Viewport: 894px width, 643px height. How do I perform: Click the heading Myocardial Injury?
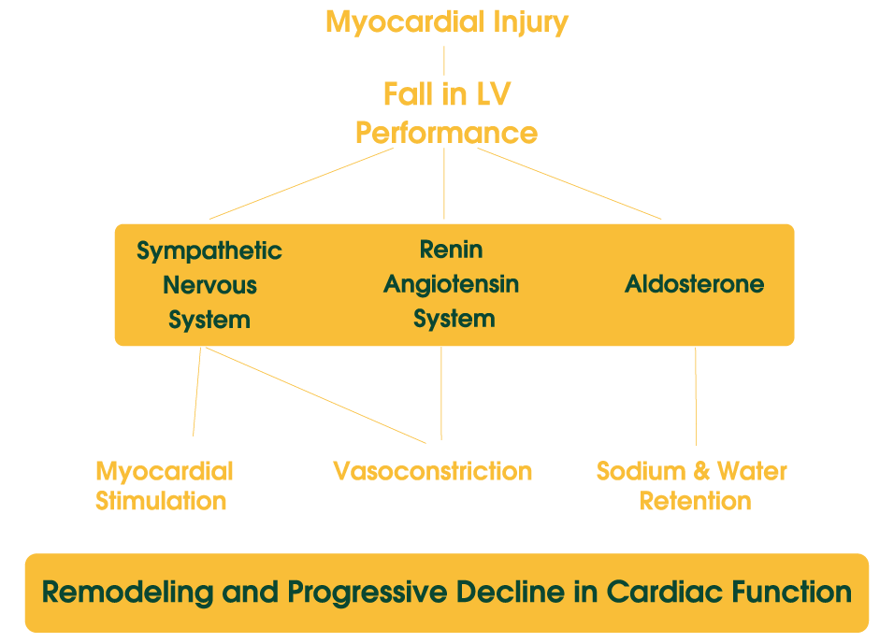pyautogui.click(x=447, y=22)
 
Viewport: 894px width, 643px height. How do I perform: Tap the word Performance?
pyautogui.click(x=446, y=133)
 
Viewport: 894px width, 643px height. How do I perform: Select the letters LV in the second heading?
pyautogui.click(x=493, y=94)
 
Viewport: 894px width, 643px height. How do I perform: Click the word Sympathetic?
pyautogui.click(x=209, y=250)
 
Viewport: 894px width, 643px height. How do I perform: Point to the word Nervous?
pyautogui.click(x=209, y=285)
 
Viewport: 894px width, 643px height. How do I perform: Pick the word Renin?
pyautogui.click(x=451, y=250)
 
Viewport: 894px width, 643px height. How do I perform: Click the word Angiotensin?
pyautogui.click(x=451, y=284)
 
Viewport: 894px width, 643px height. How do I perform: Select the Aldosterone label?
pyautogui.click(x=695, y=284)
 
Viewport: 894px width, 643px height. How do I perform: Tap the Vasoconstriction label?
pyautogui.click(x=432, y=471)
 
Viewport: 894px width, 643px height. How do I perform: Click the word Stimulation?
pyautogui.click(x=161, y=501)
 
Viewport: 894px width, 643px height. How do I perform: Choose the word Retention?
pyautogui.click(x=695, y=501)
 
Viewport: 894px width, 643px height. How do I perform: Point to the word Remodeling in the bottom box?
pyautogui.click(x=128, y=593)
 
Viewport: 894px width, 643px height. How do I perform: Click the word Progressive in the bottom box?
pyautogui.click(x=367, y=593)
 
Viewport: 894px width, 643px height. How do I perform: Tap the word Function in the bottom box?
pyautogui.click(x=792, y=592)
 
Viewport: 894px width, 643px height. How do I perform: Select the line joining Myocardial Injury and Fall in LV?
pyautogui.click(x=444, y=61)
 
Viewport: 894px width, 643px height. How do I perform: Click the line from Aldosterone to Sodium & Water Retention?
pyautogui.click(x=696, y=397)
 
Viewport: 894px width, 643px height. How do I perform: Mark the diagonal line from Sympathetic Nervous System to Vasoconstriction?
pyautogui.click(x=316, y=395)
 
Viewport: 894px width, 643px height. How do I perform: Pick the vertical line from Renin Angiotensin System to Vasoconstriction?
pyautogui.click(x=441, y=393)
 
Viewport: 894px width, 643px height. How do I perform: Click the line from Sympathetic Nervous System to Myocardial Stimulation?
pyautogui.click(x=196, y=393)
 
